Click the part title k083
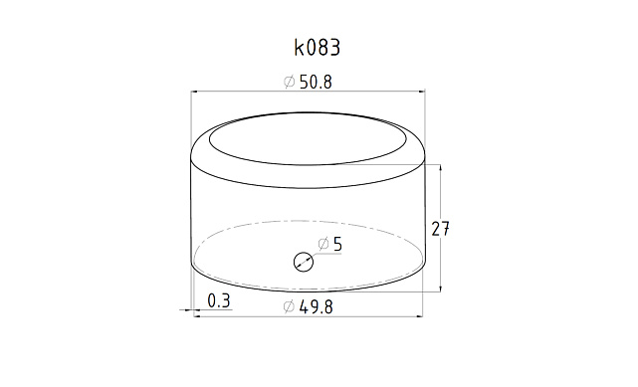pyautogui.click(x=317, y=48)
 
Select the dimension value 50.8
pyautogui.click(x=316, y=83)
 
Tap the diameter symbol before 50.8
pyautogui.click(x=289, y=82)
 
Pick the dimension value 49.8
pyautogui.click(x=316, y=307)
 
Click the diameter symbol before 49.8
pyautogui.click(x=289, y=306)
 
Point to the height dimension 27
pyautogui.click(x=440, y=229)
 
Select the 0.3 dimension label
pyautogui.click(x=219, y=301)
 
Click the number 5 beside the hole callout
pyautogui.click(x=337, y=244)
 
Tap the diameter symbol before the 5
pyautogui.click(x=323, y=244)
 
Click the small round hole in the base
pyautogui.click(x=304, y=262)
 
